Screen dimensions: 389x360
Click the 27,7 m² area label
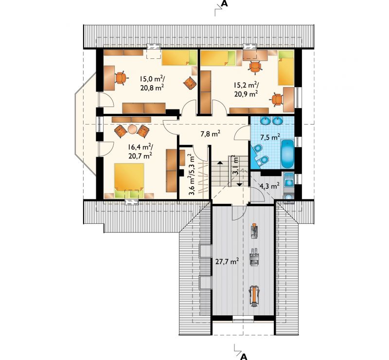(227, 261)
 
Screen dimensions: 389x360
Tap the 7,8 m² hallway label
(211, 134)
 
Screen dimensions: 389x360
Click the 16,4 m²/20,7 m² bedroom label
(140, 151)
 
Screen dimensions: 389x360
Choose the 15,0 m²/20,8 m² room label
(152, 83)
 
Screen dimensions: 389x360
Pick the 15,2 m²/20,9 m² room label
(246, 90)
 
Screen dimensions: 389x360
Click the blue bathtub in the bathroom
(287, 154)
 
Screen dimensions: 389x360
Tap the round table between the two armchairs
(132, 129)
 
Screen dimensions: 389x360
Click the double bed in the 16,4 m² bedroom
(129, 180)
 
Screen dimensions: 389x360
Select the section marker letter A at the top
(225, 4)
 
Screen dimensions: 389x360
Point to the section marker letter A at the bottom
(244, 356)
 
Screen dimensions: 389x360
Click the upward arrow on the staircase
(220, 162)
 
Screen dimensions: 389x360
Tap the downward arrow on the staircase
(240, 184)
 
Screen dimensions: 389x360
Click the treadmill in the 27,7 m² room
(254, 296)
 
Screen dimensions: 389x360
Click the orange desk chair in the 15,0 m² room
(121, 78)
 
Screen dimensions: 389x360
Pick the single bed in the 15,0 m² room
(179, 57)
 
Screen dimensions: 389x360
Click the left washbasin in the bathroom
(265, 121)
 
